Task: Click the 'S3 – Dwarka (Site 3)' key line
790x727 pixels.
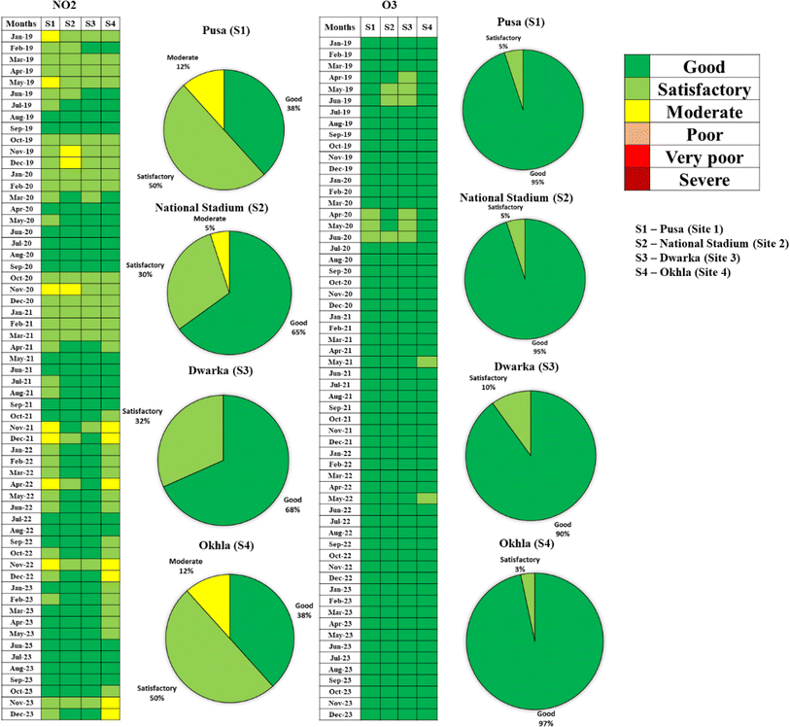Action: [x=697, y=261]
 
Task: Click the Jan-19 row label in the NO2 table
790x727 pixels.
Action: [x=20, y=36]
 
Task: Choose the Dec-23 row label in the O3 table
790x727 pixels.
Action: [x=340, y=714]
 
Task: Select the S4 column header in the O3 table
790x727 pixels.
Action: [x=428, y=27]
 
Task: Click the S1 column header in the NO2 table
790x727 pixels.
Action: [x=51, y=22]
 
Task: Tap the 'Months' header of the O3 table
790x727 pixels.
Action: [x=340, y=27]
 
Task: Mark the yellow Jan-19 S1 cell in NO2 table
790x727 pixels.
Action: [x=51, y=36]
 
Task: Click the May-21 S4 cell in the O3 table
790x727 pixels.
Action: [x=428, y=362]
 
